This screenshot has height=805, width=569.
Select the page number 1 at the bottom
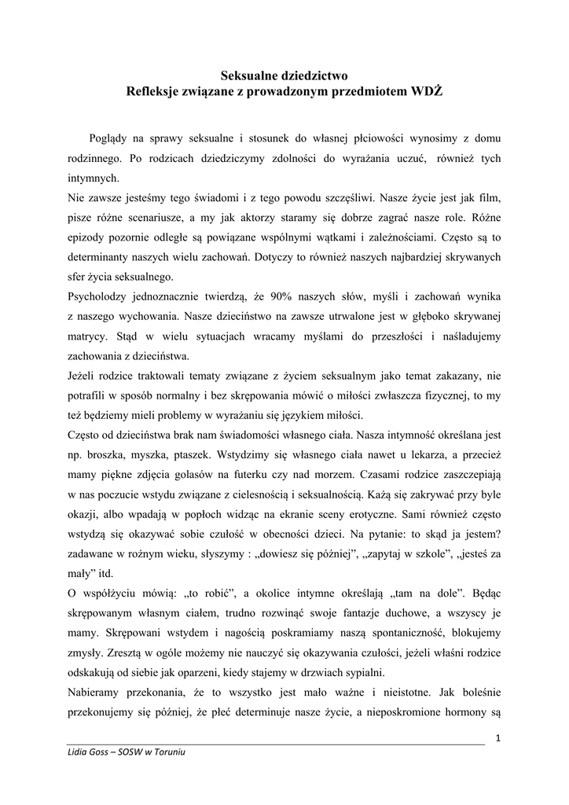coord(498,737)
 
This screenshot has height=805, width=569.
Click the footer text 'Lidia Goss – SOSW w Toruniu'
coord(126,752)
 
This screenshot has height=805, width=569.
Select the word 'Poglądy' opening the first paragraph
coord(112,137)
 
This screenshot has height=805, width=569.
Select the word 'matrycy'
coord(86,335)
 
